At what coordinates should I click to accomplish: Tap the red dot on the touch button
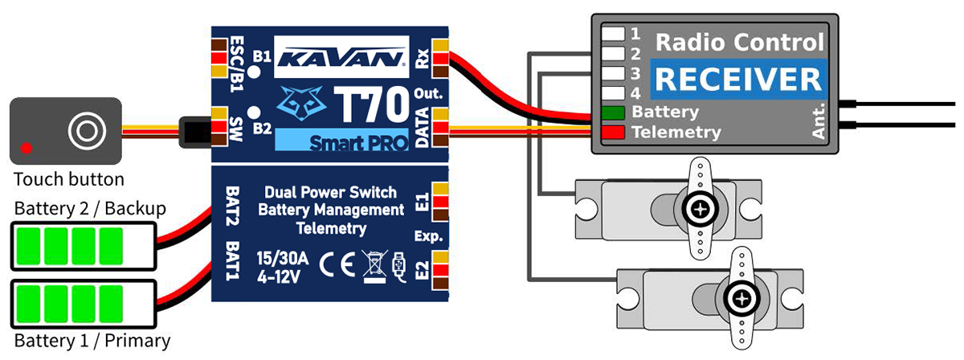pos(27,147)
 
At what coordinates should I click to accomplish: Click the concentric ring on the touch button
pos(84,129)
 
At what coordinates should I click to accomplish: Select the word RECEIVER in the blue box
pos(736,80)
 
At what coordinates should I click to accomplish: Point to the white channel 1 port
pos(615,34)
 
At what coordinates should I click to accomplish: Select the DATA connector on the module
pos(441,129)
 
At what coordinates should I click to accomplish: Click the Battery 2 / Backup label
pos(90,209)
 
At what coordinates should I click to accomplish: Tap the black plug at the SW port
pos(194,129)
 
